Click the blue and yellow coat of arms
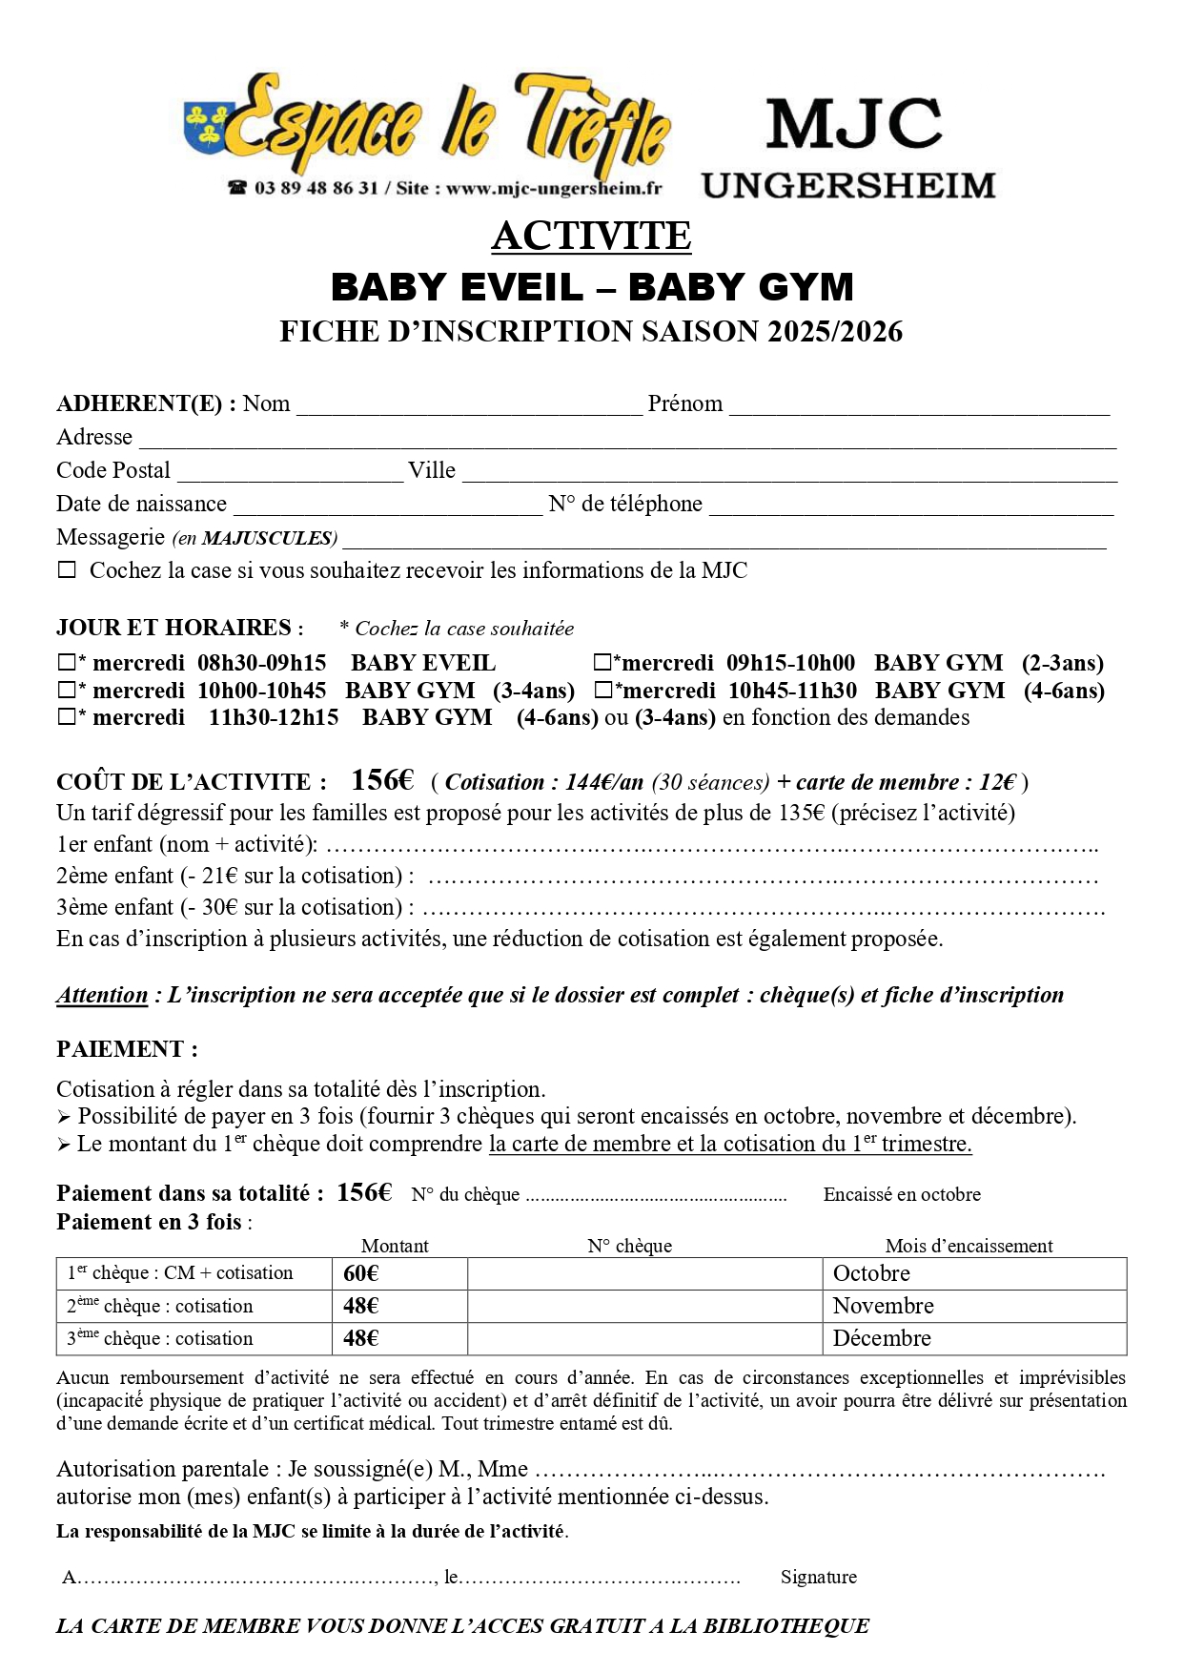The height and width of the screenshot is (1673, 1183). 204,127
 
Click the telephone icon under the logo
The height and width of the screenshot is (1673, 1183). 236,188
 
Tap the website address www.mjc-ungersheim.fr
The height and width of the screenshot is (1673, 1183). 553,188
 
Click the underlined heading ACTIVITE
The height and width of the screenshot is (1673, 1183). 591,236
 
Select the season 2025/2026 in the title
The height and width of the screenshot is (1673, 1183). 835,331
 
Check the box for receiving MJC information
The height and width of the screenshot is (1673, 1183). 67,570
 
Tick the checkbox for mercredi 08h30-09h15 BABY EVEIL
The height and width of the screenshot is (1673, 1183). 67,662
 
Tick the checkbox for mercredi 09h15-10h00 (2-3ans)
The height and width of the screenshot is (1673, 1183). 602,662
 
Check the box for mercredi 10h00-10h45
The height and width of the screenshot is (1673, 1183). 67,690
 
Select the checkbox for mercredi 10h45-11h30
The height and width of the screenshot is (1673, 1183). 602,690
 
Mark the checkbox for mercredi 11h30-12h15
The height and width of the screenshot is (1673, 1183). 67,717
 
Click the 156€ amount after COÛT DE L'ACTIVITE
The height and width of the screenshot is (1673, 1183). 381,780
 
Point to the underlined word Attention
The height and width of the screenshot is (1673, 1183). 102,995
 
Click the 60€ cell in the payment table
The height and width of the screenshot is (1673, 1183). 361,1273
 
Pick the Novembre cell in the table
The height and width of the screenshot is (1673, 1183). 883,1306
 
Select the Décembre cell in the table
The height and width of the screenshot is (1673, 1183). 882,1338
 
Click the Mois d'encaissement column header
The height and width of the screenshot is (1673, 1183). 969,1246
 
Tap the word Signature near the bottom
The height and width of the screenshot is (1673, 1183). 818,1577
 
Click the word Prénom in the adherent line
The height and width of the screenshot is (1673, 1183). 684,403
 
